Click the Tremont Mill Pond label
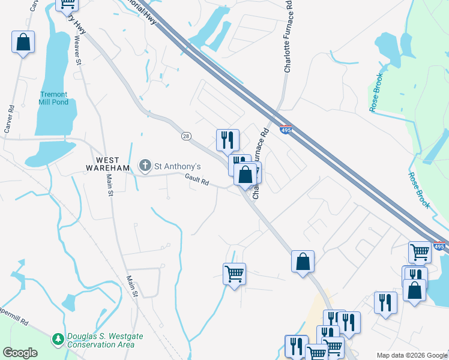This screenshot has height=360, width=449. [54, 98]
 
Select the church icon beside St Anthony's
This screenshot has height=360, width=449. [145, 165]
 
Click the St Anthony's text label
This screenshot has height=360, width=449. [178, 166]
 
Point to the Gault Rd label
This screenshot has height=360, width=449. [197, 179]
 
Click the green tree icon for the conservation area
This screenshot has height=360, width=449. [58, 340]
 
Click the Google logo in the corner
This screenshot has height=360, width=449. [20, 352]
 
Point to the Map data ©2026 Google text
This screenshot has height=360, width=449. [412, 355]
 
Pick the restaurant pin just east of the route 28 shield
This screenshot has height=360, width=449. [228, 140]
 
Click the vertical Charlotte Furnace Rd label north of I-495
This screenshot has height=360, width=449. [288, 37]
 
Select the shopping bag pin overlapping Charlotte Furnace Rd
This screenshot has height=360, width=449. [245, 175]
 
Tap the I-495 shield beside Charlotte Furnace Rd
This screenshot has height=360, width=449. [286, 129]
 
